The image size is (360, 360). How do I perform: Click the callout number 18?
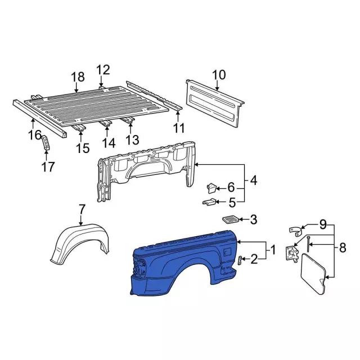pos(78,77)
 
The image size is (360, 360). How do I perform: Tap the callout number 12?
pos(103,70)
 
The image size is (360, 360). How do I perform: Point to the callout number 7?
pos(82,209)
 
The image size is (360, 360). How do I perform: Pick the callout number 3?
pos(253,219)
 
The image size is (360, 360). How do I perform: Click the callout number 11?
pos(179,128)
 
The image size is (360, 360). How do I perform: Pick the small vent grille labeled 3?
pos(229,219)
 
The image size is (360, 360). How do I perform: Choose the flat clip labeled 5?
pos(209,202)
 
